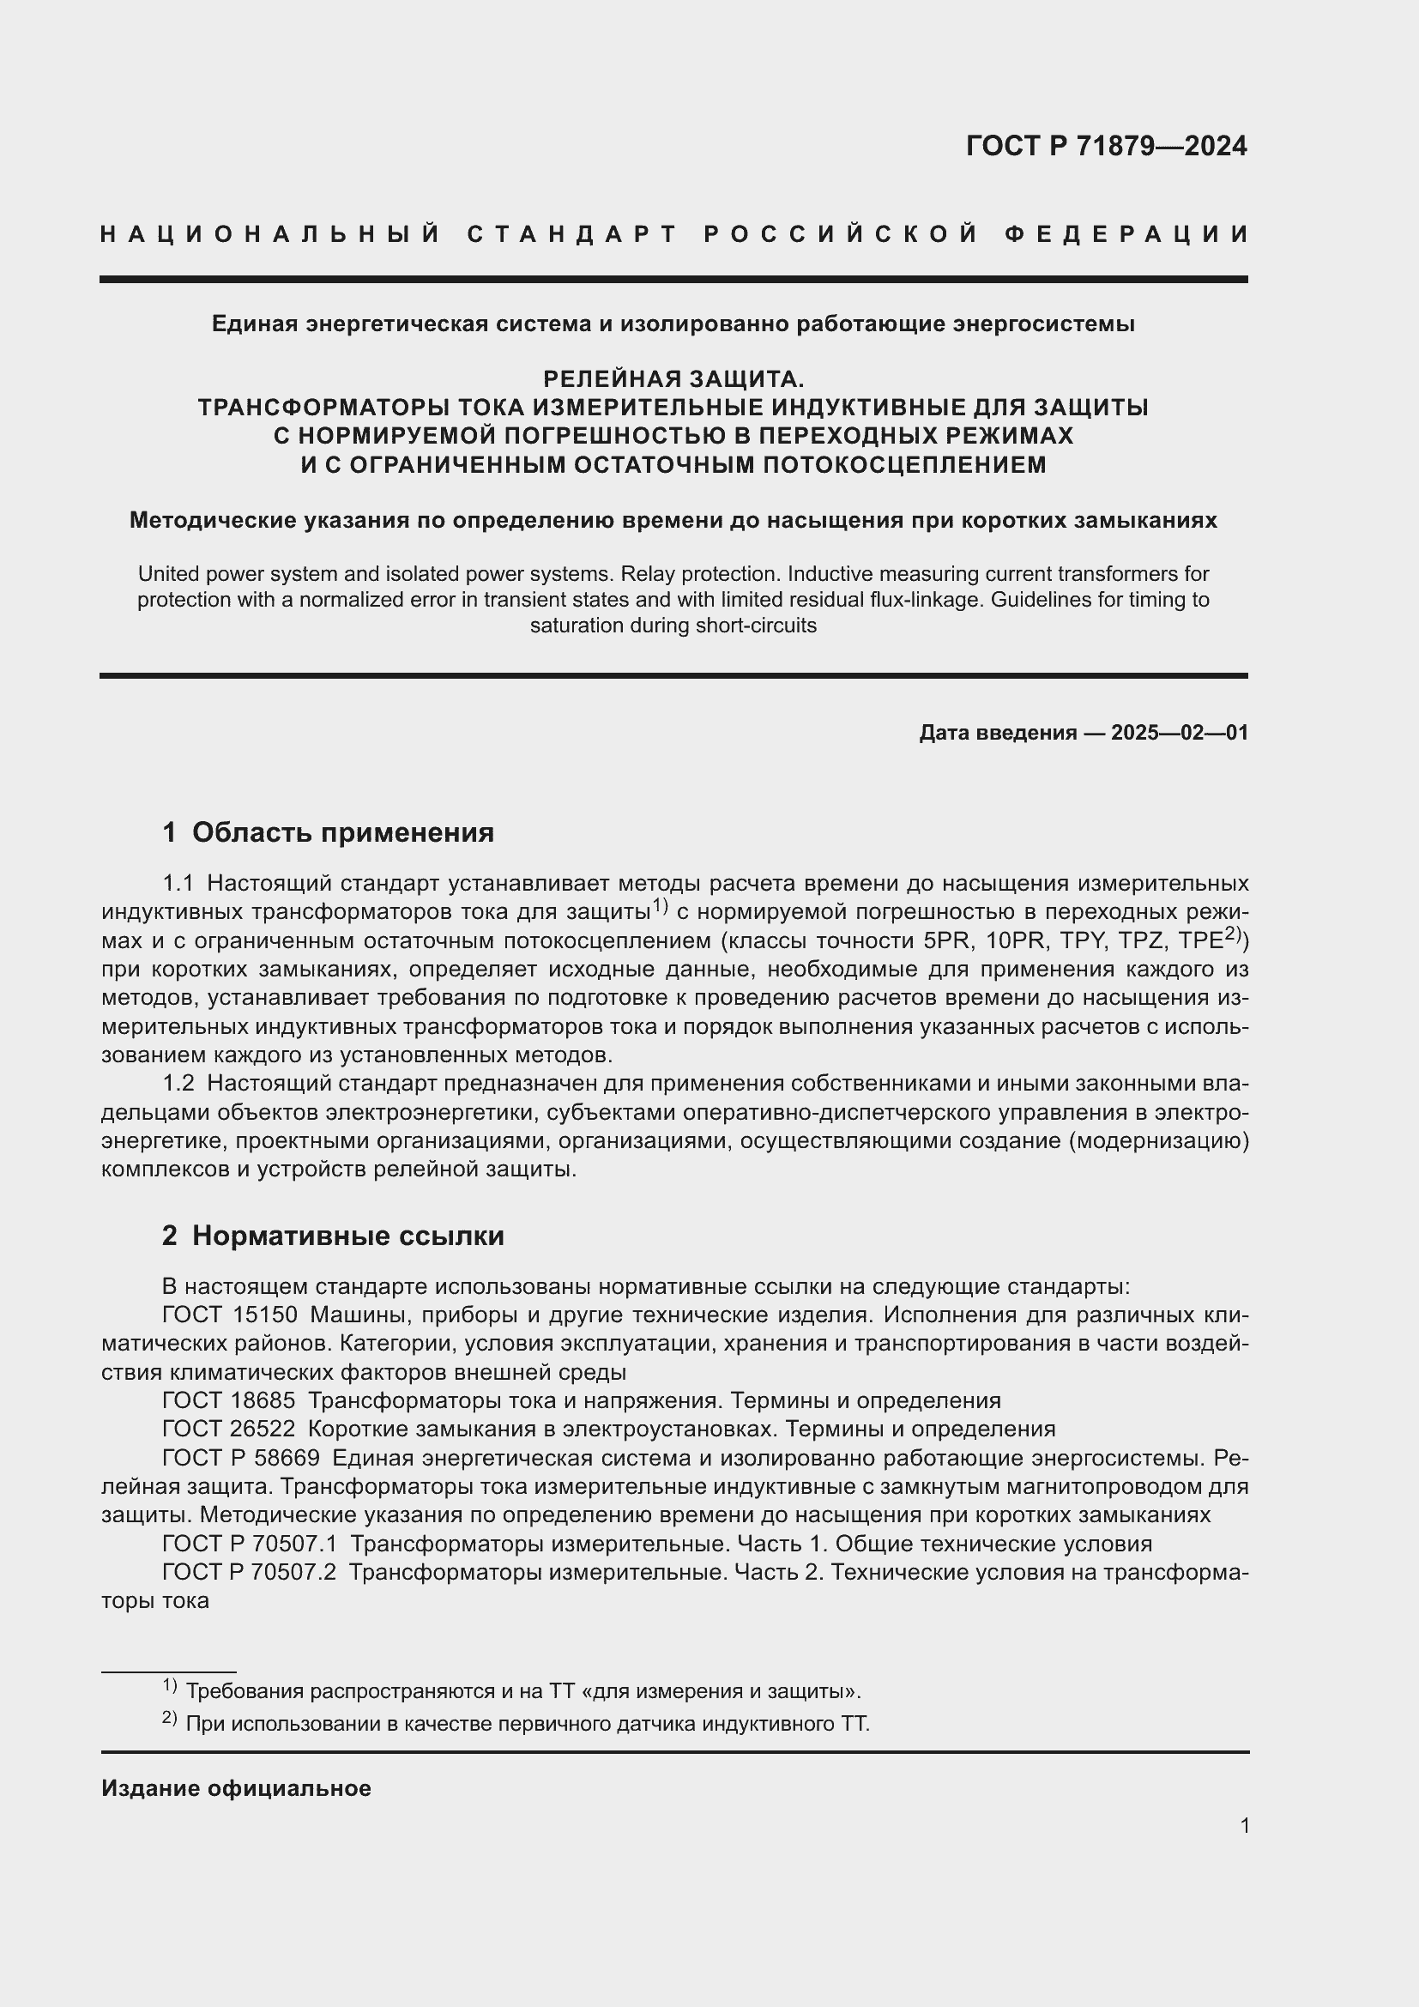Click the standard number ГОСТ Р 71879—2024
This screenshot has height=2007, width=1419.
(x=1106, y=146)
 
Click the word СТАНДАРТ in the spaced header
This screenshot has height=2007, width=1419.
(x=572, y=234)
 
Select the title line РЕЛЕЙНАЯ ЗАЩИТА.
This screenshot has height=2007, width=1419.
(x=673, y=378)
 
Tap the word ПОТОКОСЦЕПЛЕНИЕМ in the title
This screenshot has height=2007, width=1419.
(x=904, y=464)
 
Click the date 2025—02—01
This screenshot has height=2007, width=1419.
(x=1180, y=733)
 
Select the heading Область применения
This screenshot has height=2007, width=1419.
(x=342, y=832)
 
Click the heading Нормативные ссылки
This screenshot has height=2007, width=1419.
(x=347, y=1236)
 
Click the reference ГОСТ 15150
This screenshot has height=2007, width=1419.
(x=230, y=1315)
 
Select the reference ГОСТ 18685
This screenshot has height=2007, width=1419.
(x=229, y=1400)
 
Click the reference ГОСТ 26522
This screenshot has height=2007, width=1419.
(x=229, y=1430)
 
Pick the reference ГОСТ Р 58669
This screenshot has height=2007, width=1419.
(x=241, y=1458)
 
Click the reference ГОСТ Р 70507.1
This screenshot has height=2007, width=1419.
(x=249, y=1544)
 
